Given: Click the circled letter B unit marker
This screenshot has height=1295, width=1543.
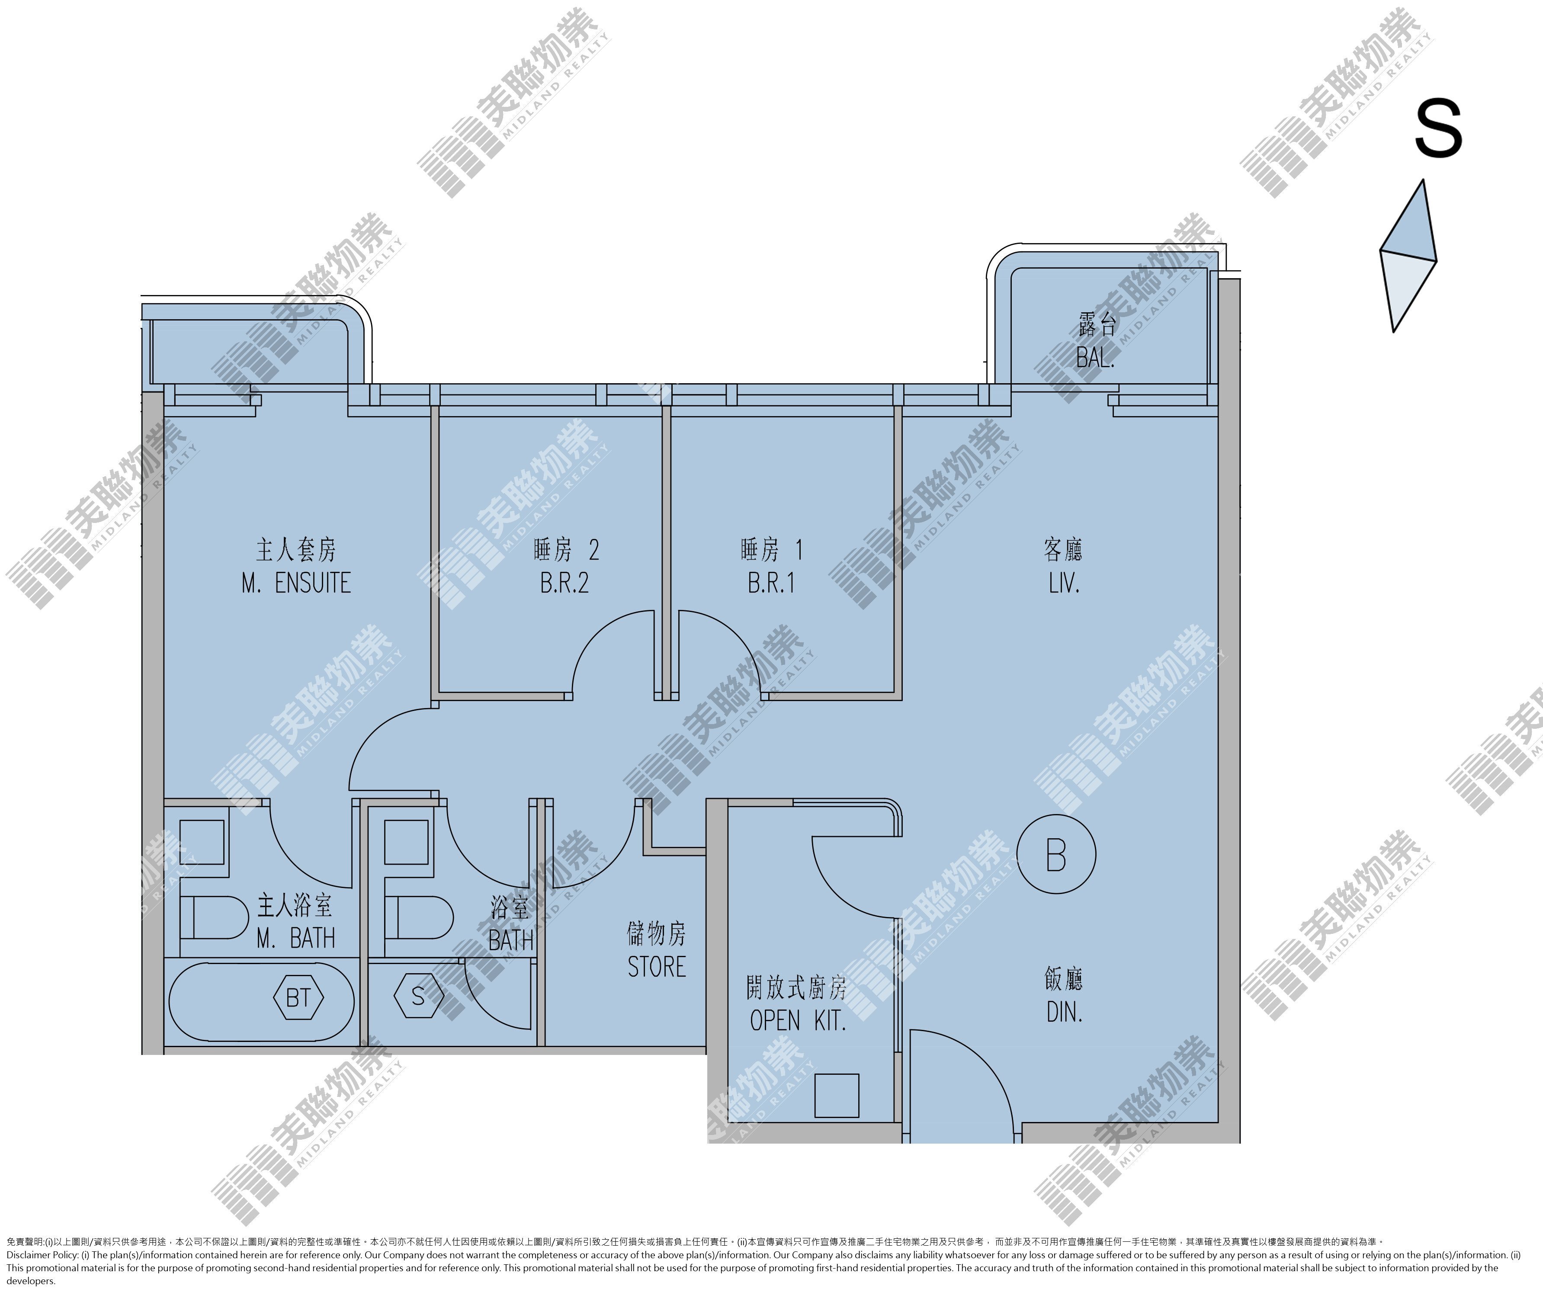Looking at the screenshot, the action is click(x=1056, y=854).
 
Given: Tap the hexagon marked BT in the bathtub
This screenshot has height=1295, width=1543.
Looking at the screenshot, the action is click(x=298, y=997).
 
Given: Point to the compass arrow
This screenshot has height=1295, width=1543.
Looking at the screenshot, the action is click(x=1408, y=256).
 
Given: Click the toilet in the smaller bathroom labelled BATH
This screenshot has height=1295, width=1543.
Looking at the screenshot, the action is click(x=418, y=917).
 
